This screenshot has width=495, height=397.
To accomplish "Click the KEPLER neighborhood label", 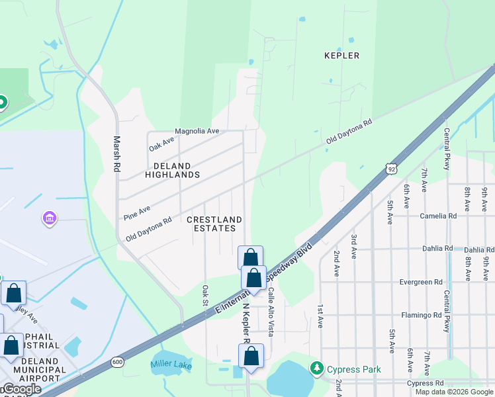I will (x=342, y=56).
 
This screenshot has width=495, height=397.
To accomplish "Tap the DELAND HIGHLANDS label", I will (x=172, y=171).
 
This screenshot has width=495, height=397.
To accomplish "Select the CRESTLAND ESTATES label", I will (x=214, y=224).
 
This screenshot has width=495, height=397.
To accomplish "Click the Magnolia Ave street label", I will (x=197, y=131).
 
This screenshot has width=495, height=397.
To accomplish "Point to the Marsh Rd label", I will (x=116, y=154).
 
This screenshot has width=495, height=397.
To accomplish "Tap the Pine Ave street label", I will (x=137, y=212).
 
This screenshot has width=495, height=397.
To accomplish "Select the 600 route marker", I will (x=117, y=361).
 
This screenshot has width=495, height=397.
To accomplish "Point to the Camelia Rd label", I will (x=438, y=216).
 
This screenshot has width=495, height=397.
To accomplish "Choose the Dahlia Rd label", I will (x=439, y=249).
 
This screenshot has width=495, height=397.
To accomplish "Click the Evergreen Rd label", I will (x=421, y=282).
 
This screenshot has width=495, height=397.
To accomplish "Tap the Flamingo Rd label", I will (x=422, y=315).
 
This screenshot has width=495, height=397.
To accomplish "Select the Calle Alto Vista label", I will (x=271, y=310).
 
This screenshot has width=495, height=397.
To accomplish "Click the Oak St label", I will (x=206, y=296).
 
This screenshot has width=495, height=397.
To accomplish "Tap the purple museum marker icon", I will (x=48, y=218).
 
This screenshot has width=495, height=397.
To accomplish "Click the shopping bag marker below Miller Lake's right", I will (x=251, y=355).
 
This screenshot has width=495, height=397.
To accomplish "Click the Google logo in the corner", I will (x=21, y=389).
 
